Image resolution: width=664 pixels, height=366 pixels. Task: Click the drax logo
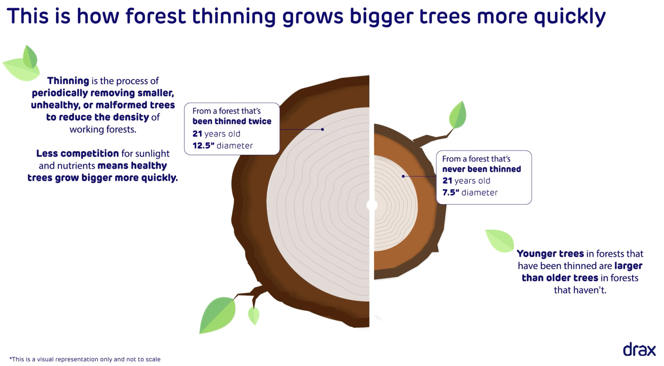(639, 349)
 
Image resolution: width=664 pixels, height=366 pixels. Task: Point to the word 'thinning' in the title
(234, 16)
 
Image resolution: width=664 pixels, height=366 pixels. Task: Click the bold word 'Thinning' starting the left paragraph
(68, 81)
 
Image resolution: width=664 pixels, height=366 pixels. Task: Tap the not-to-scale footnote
(85, 359)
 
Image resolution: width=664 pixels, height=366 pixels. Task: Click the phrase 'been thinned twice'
(232, 121)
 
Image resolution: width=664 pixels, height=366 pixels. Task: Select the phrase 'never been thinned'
(481, 169)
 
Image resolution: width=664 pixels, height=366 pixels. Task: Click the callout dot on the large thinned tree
(322, 129)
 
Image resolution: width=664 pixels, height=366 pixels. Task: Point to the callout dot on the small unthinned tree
(403, 176)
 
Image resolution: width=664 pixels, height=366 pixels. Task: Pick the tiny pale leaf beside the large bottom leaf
(254, 316)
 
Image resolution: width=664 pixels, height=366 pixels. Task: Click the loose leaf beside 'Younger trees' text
(500, 241)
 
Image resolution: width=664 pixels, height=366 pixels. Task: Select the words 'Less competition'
(78, 153)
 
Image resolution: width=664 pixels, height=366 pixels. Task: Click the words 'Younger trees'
(550, 254)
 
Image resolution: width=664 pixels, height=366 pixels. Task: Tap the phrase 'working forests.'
(103, 129)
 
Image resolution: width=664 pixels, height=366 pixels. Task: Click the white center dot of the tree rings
(372, 205)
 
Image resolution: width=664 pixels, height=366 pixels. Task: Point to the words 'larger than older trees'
(582, 272)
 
